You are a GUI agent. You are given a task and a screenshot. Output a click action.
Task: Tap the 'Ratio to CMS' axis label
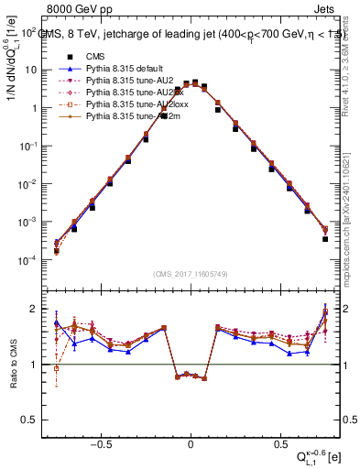13,364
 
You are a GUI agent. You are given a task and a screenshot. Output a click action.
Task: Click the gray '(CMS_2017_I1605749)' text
191,274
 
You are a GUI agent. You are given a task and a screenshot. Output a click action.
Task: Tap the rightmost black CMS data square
325,239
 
